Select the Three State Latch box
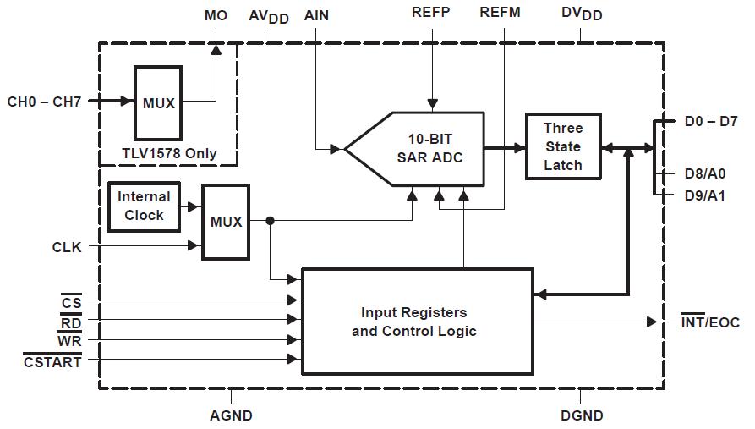[563, 146]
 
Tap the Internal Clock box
[144, 206]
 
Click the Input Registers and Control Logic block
[417, 322]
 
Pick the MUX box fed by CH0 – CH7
[158, 103]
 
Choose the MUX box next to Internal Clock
[226, 222]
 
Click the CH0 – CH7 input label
[45, 102]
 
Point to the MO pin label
[216, 15]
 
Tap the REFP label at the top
[431, 13]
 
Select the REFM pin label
[501, 13]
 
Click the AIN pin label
[316, 15]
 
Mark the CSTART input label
[52, 362]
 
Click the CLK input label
[67, 247]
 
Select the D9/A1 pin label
[704, 195]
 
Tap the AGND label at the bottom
[231, 415]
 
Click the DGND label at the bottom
[582, 415]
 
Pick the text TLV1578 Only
[169, 153]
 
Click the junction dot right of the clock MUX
[270, 222]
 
